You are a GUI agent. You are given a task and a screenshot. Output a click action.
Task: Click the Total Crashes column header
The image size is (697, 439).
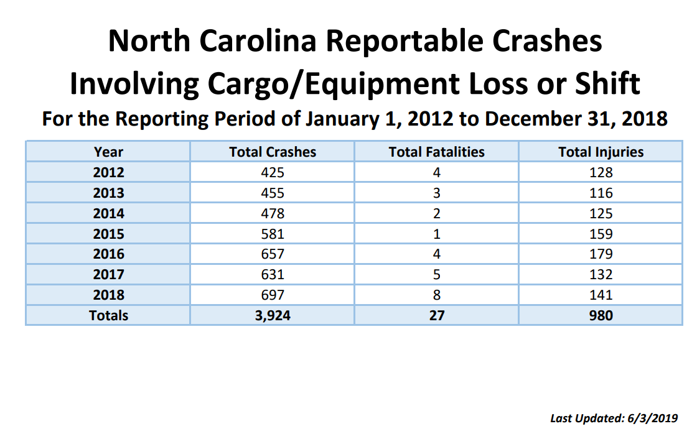pos(272,152)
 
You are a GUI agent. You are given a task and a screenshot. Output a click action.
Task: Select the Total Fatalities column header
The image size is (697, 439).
pos(436,152)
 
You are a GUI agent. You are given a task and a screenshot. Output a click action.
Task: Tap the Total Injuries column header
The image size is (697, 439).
pos(601,152)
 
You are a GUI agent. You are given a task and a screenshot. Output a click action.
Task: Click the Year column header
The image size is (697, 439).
pos(108,152)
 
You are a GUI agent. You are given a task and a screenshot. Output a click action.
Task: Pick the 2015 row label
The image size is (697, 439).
pos(108,234)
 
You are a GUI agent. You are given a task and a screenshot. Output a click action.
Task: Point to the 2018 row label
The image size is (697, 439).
pos(108,295)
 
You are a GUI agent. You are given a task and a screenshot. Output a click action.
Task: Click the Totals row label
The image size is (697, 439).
pos(108,315)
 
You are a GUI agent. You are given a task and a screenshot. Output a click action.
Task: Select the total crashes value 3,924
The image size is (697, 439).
pos(272,315)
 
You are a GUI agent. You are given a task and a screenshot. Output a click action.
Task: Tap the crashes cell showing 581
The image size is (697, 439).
pos(272,234)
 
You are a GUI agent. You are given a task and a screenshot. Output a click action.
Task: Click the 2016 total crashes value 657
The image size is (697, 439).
pos(272,254)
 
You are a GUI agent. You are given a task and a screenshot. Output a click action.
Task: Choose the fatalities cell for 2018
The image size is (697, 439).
pos(436,295)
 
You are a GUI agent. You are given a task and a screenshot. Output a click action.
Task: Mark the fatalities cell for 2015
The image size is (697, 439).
pos(436,234)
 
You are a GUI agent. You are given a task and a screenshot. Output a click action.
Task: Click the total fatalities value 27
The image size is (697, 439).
pos(436,315)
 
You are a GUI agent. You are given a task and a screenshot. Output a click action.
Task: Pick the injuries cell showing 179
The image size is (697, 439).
pos(601,254)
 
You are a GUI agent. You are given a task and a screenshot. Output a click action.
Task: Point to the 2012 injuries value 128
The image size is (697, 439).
pos(601,172)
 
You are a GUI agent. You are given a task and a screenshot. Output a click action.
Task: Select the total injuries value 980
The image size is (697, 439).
pos(601,315)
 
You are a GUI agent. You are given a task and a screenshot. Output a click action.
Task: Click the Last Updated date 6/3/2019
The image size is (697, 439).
pos(650,418)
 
